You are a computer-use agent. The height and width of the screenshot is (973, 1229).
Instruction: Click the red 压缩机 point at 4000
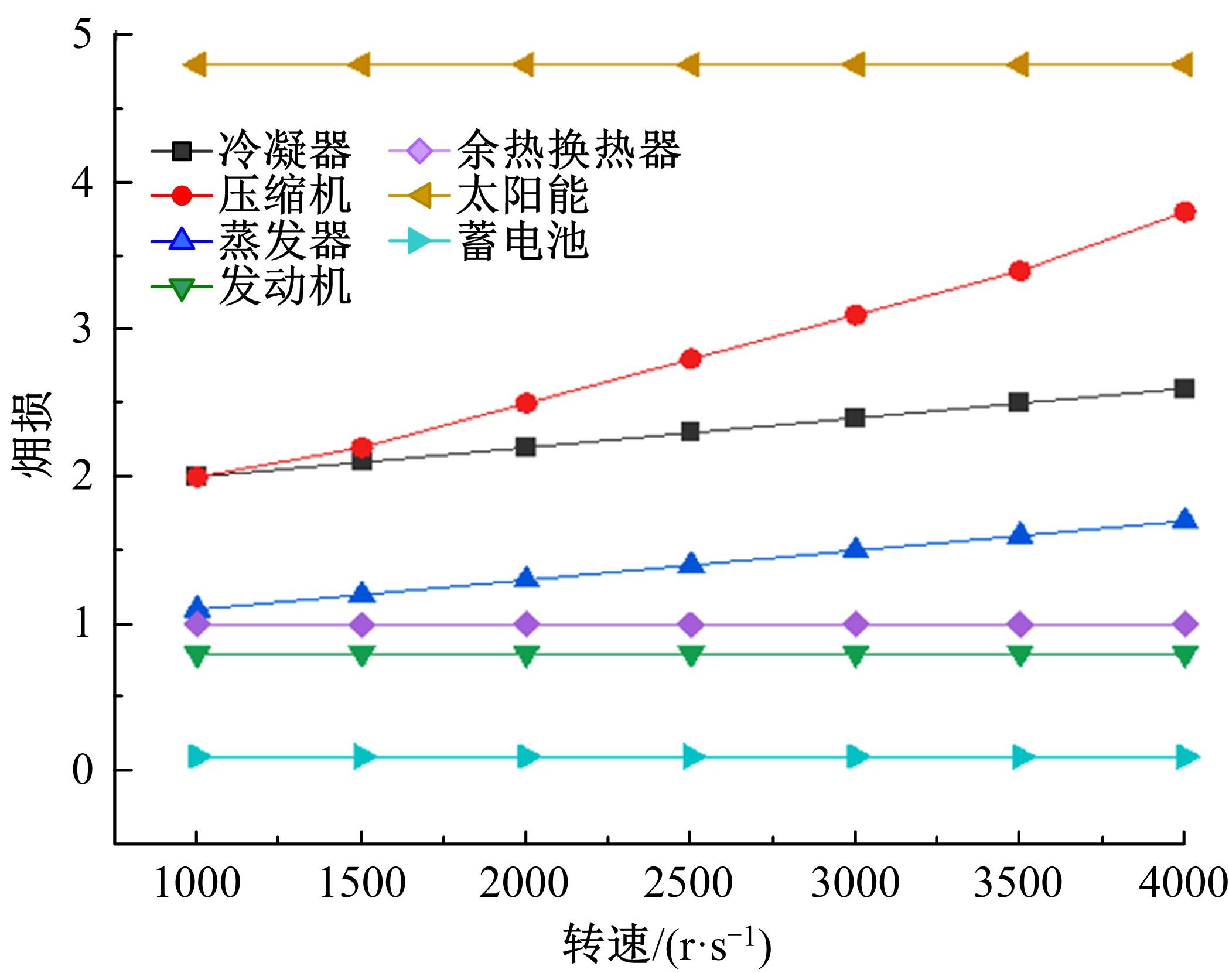click(x=1184, y=211)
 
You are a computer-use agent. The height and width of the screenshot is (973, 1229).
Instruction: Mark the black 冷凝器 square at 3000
click(x=855, y=418)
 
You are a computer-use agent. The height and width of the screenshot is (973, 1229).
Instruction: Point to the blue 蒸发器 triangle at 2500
click(x=691, y=564)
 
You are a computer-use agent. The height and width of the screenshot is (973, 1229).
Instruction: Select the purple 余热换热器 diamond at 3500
click(x=1020, y=624)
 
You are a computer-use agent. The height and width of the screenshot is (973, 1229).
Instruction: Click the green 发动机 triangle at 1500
click(x=361, y=656)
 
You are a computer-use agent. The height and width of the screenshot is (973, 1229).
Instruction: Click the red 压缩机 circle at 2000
click(x=526, y=403)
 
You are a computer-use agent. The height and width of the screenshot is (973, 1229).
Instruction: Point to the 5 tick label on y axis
click(x=82, y=35)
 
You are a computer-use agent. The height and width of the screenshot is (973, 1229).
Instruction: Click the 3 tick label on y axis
click(x=82, y=329)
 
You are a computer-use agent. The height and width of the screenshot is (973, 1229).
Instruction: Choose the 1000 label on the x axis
click(x=197, y=883)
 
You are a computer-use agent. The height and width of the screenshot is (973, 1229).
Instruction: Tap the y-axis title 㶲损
click(x=32, y=434)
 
